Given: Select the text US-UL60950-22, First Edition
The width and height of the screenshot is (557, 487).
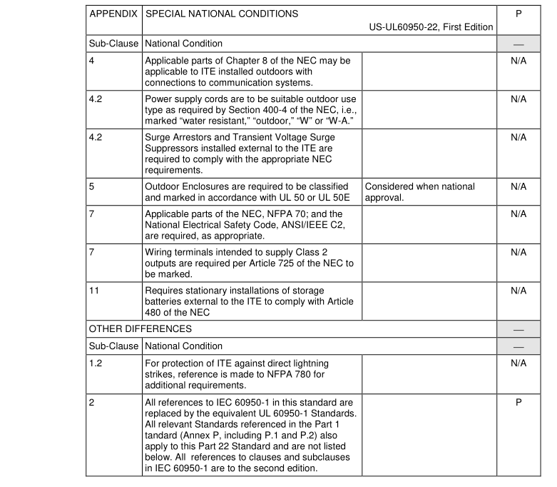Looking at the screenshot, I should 431,27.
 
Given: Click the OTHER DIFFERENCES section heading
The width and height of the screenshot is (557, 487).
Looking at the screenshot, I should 140,329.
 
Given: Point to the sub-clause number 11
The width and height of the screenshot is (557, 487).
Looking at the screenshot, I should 93,291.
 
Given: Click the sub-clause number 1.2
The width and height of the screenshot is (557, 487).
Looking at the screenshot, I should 95,363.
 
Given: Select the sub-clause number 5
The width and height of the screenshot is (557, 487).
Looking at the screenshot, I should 91,186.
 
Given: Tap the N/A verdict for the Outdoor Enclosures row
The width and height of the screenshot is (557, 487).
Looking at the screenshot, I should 518,186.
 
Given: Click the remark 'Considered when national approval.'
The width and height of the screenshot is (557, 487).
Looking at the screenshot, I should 419,191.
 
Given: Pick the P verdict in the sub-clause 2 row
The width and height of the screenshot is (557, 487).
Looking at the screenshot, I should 518,402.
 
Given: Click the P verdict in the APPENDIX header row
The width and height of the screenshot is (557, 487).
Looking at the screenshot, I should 518,14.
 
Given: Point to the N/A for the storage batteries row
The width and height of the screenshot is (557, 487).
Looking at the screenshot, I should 518,291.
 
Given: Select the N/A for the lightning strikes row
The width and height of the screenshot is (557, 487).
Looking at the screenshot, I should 518,363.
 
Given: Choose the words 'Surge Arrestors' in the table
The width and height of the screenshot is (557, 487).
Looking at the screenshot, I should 178,136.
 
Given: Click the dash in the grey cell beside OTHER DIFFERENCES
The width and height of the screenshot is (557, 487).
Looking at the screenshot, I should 518,330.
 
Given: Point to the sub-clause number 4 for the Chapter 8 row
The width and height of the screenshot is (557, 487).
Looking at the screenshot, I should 91,61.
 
